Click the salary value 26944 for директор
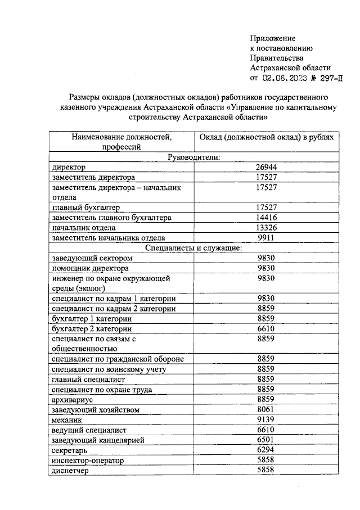click(x=266, y=167)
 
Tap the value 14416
click(x=266, y=218)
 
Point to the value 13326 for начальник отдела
click(x=266, y=228)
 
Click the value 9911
click(x=266, y=238)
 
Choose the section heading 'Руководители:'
click(x=193, y=157)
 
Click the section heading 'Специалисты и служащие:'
click(x=193, y=248)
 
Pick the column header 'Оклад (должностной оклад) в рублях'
click(x=267, y=137)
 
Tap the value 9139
click(x=266, y=419)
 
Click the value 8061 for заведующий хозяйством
click(x=266, y=409)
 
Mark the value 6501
click(x=266, y=440)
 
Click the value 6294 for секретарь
click(x=266, y=450)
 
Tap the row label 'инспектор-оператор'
click(x=87, y=461)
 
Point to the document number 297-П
click(x=328, y=78)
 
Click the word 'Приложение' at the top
click(x=273, y=38)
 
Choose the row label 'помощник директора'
click(x=89, y=268)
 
